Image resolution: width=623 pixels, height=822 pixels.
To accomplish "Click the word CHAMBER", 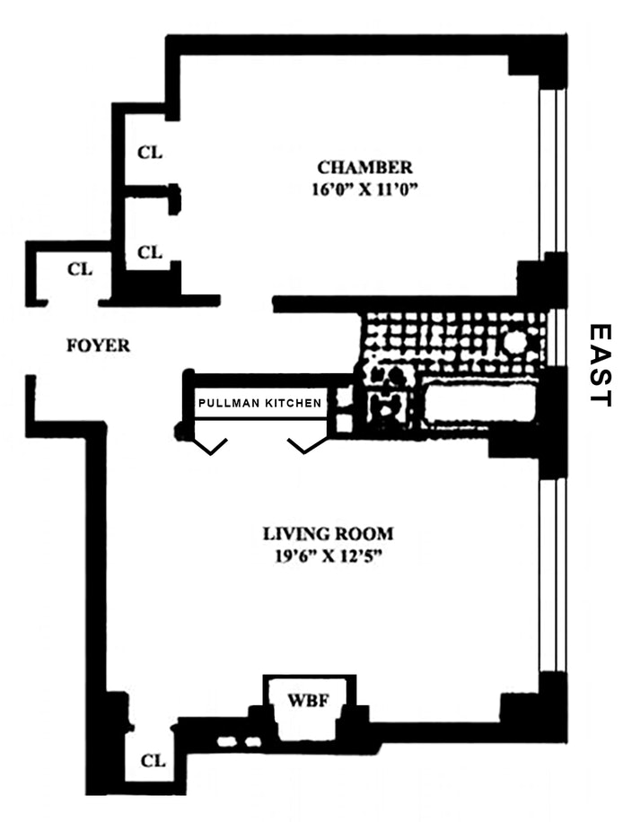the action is click(x=364, y=167).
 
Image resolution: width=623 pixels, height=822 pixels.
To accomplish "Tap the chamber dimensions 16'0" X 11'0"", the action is click(x=364, y=189).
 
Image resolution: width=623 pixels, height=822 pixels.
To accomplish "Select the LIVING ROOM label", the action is click(x=328, y=533).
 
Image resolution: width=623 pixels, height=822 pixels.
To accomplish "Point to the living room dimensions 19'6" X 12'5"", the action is click(x=328, y=555).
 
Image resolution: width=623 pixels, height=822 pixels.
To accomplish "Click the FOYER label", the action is click(x=99, y=345).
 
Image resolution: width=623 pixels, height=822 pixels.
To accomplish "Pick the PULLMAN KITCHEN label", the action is click(x=259, y=403).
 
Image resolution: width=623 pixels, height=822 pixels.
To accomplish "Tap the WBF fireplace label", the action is click(x=306, y=699).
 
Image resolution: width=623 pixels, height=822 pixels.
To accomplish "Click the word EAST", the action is click(x=599, y=365).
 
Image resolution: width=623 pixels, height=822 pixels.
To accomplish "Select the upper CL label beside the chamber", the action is click(x=150, y=153).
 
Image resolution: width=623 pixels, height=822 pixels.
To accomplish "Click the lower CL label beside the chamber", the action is click(x=150, y=253).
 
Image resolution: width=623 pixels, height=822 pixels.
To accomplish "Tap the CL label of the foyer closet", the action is click(x=81, y=267).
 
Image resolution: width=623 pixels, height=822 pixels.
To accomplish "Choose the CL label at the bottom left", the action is click(x=154, y=761).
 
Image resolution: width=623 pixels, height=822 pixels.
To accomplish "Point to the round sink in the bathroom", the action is click(x=515, y=342).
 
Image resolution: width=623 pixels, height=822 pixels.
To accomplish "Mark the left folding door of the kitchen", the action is click(x=213, y=446).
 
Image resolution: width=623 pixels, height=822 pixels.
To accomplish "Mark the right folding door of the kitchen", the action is click(x=303, y=446).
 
